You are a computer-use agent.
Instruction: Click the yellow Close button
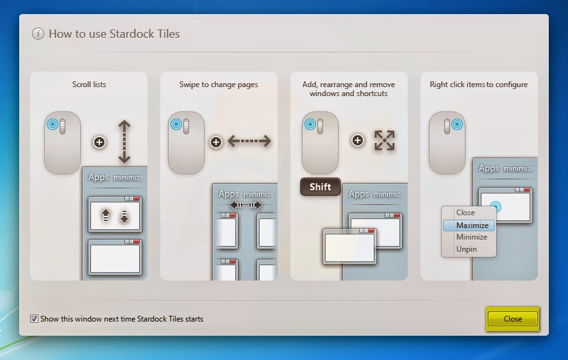click(x=512, y=319)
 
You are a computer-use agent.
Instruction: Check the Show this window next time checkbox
click(x=34, y=319)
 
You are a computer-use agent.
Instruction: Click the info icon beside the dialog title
click(x=38, y=34)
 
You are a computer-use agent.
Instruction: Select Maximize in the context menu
click(x=469, y=225)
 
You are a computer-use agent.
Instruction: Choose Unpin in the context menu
click(x=466, y=249)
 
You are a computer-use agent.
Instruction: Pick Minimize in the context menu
click(x=472, y=237)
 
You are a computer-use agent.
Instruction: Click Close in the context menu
click(x=465, y=213)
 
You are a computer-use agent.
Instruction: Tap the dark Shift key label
click(x=321, y=186)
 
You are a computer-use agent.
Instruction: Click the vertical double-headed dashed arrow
click(x=124, y=142)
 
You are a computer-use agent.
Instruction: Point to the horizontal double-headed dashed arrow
click(x=249, y=141)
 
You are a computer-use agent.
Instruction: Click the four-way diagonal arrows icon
click(x=385, y=140)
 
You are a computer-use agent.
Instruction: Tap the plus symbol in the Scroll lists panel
click(x=99, y=142)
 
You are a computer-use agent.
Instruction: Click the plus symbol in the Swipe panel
click(x=216, y=142)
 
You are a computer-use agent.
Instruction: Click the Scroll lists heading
click(x=89, y=85)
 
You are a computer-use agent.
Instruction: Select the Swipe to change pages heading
click(x=219, y=85)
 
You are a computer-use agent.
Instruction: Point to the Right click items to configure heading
click(x=478, y=85)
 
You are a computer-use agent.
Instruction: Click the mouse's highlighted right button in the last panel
click(x=457, y=124)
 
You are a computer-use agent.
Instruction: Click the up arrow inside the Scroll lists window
click(x=105, y=215)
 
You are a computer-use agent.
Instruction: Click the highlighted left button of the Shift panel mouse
click(x=310, y=124)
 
